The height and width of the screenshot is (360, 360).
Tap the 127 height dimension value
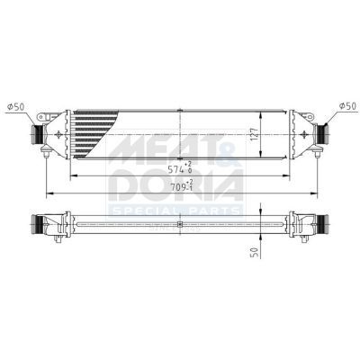[256, 135]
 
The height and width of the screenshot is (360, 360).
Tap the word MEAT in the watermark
[153, 144]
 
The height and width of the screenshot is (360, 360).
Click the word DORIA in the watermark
[175, 187]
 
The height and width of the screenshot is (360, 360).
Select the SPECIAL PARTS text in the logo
[175, 212]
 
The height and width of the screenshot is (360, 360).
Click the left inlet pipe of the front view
[40, 134]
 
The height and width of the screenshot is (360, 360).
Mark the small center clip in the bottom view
[181, 223]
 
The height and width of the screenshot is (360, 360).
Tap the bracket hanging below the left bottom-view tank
[58, 238]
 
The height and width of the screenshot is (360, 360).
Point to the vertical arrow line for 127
[263, 135]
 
